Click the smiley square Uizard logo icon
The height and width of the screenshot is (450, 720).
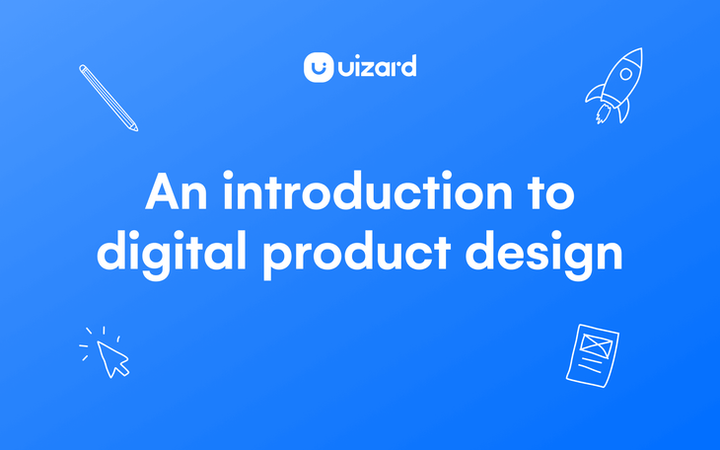[x=318, y=67]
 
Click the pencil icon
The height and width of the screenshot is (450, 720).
[x=108, y=98]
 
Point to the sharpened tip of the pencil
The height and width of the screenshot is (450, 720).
[x=135, y=128]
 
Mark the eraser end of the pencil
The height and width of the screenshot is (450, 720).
[x=82, y=68]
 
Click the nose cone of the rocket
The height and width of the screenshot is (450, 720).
[x=636, y=53]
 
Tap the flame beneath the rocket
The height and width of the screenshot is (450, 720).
[x=598, y=115]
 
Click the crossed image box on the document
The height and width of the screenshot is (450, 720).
[x=595, y=343]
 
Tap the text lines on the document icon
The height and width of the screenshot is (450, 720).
[x=590, y=366]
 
